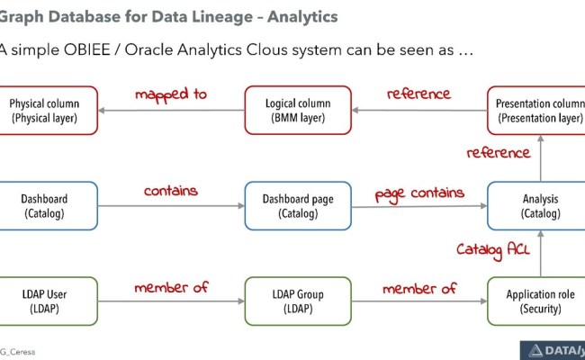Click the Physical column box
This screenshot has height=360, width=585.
[x=49, y=110]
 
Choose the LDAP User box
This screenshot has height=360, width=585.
[x=49, y=301]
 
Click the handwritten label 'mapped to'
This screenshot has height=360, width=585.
[x=171, y=94]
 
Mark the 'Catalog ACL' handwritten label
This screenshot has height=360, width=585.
[x=492, y=248]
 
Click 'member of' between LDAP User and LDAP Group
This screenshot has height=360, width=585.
[x=171, y=288]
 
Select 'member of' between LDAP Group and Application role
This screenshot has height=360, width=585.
[x=419, y=288]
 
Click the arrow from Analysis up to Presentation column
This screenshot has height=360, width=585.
[x=540, y=157]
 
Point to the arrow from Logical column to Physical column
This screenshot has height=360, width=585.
[x=171, y=111]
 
